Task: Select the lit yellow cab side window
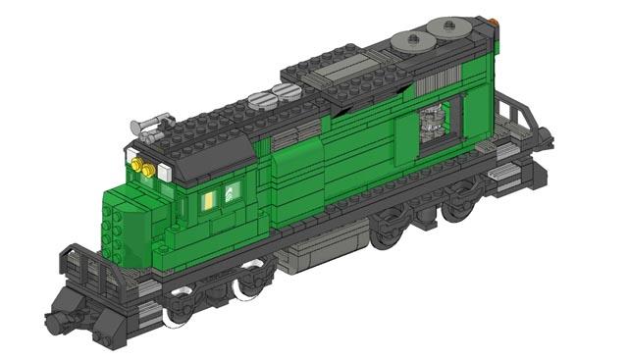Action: pyautogui.click(x=209, y=200)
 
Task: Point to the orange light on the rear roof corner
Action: pyautogui.click(x=494, y=20)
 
